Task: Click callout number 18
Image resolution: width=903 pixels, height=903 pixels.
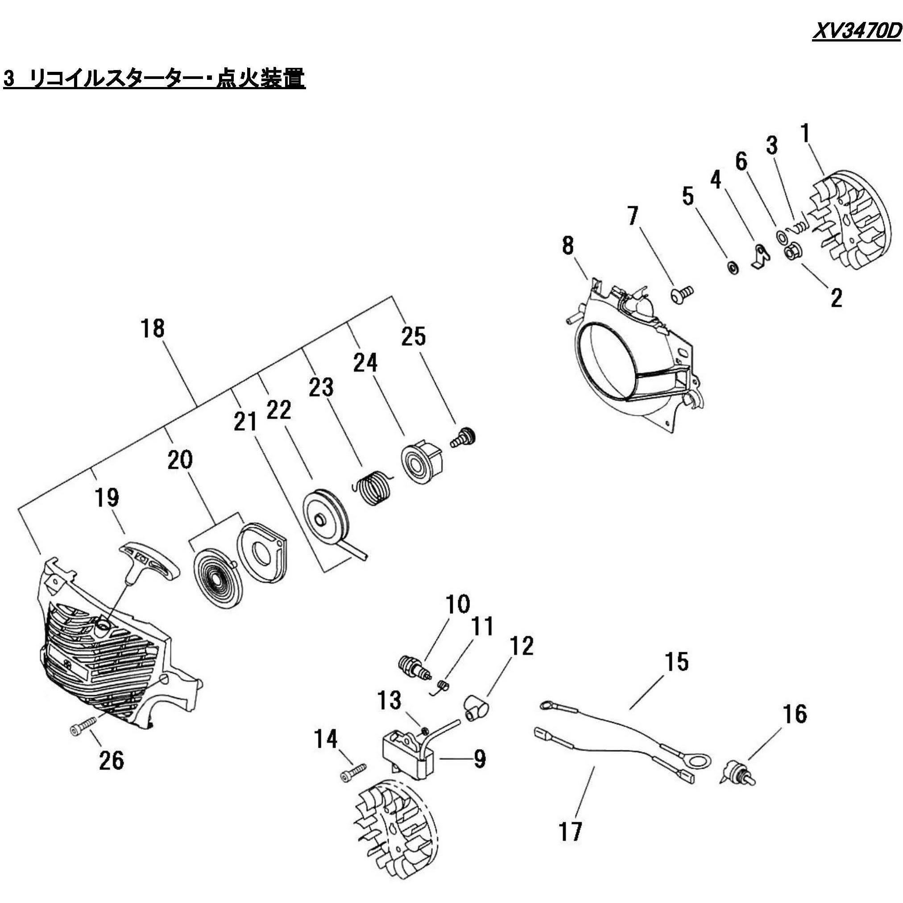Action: pyautogui.click(x=153, y=328)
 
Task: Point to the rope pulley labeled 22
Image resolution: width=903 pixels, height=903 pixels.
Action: pyautogui.click(x=326, y=517)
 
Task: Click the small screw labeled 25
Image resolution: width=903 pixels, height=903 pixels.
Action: pyautogui.click(x=464, y=437)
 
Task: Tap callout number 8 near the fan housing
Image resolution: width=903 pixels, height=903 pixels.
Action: pyautogui.click(x=567, y=245)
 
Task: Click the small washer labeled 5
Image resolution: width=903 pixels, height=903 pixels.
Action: pyautogui.click(x=733, y=268)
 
